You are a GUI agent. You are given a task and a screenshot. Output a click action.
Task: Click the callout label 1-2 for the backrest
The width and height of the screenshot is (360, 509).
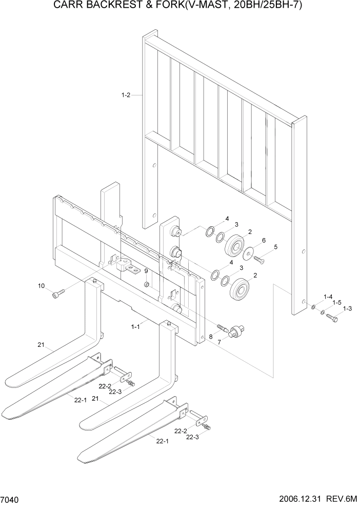126,95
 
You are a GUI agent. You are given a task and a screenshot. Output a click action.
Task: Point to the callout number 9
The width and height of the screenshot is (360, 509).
146,271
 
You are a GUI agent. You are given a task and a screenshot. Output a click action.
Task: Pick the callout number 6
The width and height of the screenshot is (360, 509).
264,240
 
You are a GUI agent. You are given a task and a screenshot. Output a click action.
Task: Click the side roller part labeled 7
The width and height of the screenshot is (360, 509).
237,331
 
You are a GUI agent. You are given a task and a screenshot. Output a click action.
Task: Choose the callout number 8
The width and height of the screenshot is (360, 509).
210,337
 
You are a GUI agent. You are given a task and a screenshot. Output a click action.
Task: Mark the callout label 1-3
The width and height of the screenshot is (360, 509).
347,308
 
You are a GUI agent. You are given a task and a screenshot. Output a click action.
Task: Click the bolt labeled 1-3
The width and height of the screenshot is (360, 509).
331,318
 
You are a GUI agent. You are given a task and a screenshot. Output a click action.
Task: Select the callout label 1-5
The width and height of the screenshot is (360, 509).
336,303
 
